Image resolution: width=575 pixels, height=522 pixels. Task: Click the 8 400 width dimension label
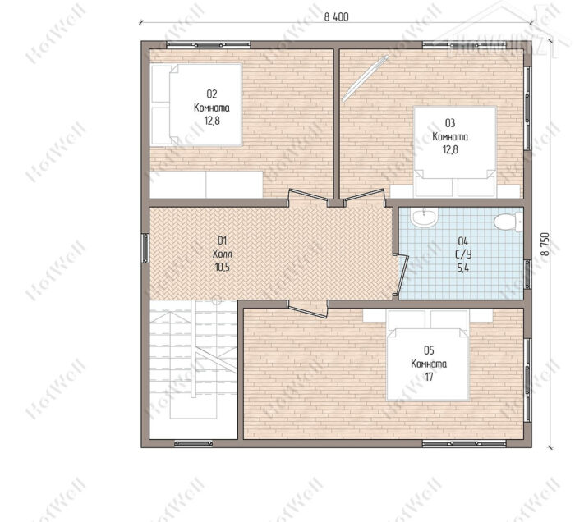[x=336, y=17]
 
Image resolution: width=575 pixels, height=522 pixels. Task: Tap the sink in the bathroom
[x=424, y=218]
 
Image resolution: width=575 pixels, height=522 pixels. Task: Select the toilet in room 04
[x=508, y=222]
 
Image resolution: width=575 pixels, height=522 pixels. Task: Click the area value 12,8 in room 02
[x=212, y=121]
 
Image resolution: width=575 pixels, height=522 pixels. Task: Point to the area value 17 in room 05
[x=429, y=377]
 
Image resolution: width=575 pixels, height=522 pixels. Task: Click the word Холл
[x=223, y=254]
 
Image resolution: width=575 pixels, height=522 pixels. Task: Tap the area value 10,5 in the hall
[x=223, y=267]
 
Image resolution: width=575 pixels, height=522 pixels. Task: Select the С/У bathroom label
[x=463, y=254]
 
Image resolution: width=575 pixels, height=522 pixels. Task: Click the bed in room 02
[x=196, y=105]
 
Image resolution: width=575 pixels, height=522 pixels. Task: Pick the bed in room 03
[x=455, y=151]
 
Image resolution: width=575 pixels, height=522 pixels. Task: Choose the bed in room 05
[x=428, y=355]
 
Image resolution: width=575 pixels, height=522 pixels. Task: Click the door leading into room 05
[x=307, y=310]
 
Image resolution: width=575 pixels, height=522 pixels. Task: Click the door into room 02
[x=308, y=195]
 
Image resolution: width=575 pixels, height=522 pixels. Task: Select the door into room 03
[x=364, y=195]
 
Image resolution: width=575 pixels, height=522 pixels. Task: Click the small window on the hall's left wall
[x=145, y=249]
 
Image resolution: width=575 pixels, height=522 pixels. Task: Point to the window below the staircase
[x=193, y=443]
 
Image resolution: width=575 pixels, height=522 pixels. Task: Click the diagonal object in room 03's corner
[x=365, y=79]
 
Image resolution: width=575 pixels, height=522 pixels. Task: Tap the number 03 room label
[x=450, y=123]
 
